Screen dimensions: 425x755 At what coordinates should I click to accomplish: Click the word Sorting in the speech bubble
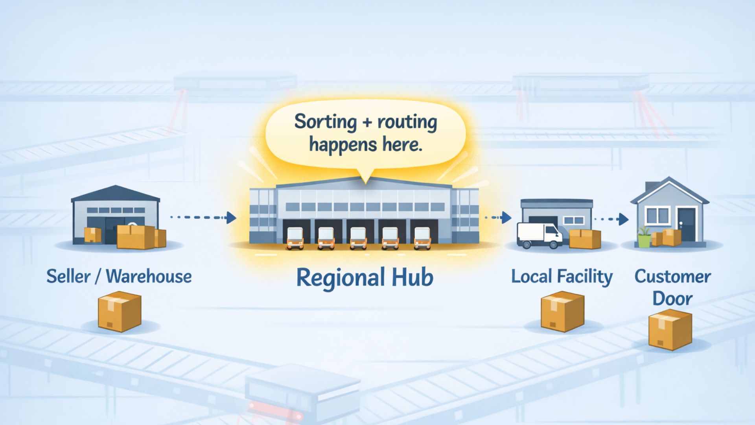click(325, 122)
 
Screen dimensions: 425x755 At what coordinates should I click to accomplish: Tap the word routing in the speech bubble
click(407, 122)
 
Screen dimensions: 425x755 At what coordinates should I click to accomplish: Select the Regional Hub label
click(365, 277)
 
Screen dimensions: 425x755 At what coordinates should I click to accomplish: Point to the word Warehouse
click(149, 276)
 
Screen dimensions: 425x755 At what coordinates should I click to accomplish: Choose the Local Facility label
click(562, 276)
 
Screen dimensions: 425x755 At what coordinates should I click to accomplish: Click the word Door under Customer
click(672, 298)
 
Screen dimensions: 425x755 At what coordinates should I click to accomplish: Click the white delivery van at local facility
click(539, 235)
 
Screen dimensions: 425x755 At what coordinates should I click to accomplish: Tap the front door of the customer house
click(687, 224)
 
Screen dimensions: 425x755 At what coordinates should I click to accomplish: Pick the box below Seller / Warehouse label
click(119, 311)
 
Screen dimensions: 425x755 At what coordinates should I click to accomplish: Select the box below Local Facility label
click(562, 311)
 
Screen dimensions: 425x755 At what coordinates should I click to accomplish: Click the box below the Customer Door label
click(670, 329)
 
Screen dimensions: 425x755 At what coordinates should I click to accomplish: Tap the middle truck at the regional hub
click(358, 238)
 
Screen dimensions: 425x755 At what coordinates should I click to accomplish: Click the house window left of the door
click(657, 215)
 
